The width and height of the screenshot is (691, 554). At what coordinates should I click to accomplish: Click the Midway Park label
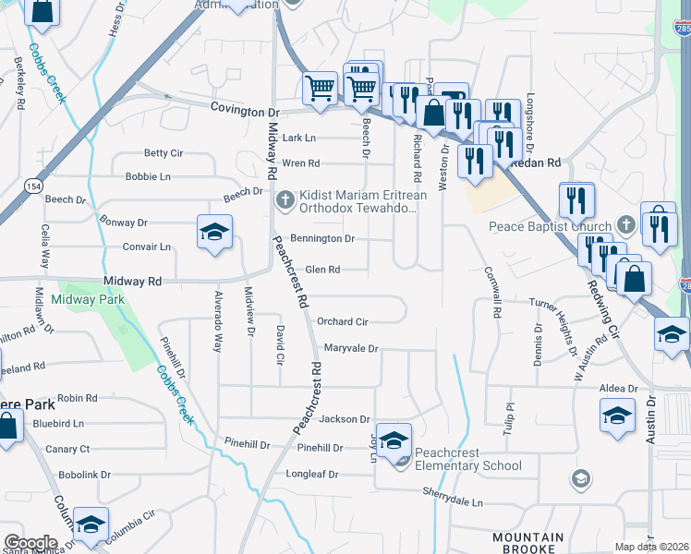coord(93,299)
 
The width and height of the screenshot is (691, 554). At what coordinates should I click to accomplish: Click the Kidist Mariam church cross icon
coord(285,199)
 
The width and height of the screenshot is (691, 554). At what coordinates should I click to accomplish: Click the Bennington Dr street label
coord(322,238)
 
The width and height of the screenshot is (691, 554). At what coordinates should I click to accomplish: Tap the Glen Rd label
coord(322,270)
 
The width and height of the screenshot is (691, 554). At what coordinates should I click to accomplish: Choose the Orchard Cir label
coord(343,322)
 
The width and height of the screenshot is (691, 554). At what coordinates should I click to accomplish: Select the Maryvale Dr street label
coord(351,349)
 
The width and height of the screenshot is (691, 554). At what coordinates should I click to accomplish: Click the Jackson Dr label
coord(344,419)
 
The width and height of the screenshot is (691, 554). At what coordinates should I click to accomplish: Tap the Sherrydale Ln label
coord(453,503)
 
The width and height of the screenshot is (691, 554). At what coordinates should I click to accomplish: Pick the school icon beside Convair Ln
coord(214,232)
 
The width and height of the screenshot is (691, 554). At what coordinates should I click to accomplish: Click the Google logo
coord(30,543)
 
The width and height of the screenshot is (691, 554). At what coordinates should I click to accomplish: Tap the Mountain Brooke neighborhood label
coord(527,543)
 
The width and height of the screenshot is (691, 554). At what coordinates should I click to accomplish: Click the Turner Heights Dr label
coord(564,304)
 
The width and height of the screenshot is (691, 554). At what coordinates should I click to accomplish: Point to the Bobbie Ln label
coord(148,176)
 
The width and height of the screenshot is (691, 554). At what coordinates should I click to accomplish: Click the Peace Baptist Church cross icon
coord(625,225)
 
